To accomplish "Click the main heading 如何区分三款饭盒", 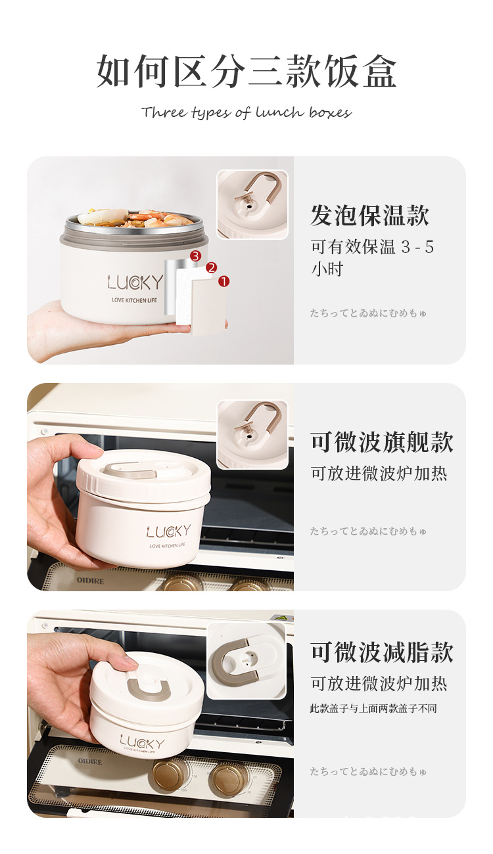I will coord(246,71).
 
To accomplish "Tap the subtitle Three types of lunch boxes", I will coord(246,112).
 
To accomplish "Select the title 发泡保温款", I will coord(369,215).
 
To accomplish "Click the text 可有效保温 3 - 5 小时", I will coord(372,258).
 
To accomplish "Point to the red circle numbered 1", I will coord(223,281).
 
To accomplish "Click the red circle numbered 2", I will coord(211,267).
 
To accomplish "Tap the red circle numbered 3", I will coord(195,255).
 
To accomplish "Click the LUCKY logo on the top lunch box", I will coord(135,282).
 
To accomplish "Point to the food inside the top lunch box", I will coord(135,218).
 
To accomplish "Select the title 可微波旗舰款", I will coord(382,442).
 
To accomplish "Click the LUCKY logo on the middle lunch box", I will coord(169,531).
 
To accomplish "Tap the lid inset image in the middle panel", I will coord(252,434).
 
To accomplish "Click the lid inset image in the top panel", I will coord(252,204).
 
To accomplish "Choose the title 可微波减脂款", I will coord(382,652).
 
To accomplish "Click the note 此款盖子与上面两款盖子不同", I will coord(373,708).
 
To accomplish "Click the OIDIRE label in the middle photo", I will coord(90,581).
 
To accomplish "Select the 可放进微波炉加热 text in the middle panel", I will coord(379,474).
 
